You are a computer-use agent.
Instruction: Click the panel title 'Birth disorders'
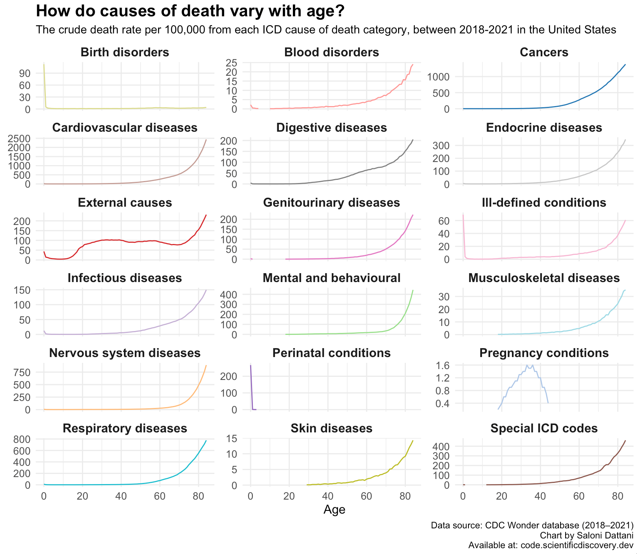125,52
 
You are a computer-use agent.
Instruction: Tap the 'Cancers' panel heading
544,52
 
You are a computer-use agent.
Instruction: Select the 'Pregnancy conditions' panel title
544,353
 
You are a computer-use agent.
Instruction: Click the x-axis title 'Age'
334,510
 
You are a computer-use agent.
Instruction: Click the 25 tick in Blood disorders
233,63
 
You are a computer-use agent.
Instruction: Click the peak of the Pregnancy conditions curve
527,365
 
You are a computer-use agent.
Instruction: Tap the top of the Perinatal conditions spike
251,365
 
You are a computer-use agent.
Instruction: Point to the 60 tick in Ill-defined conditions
444,221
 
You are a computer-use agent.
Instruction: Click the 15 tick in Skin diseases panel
233,439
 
